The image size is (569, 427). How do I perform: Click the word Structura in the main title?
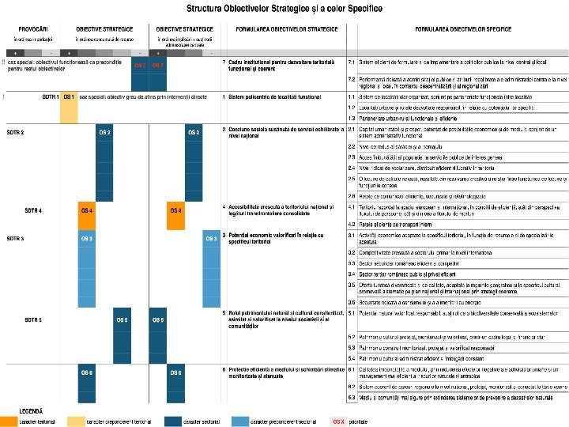click(x=208, y=8)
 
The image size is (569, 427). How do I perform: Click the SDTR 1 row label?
click(x=50, y=96)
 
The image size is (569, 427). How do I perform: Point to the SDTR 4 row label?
click(x=33, y=210)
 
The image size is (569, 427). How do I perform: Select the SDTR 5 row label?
click(x=33, y=320)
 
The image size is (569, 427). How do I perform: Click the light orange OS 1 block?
click(x=69, y=96)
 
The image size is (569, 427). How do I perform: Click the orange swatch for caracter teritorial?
click(x=9, y=421)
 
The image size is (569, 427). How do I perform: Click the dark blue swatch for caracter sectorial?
click(x=171, y=421)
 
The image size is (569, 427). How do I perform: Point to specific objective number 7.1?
click(x=352, y=61)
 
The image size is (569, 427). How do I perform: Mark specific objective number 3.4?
click(x=352, y=274)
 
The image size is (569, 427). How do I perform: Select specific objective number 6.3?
click(x=352, y=397)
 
